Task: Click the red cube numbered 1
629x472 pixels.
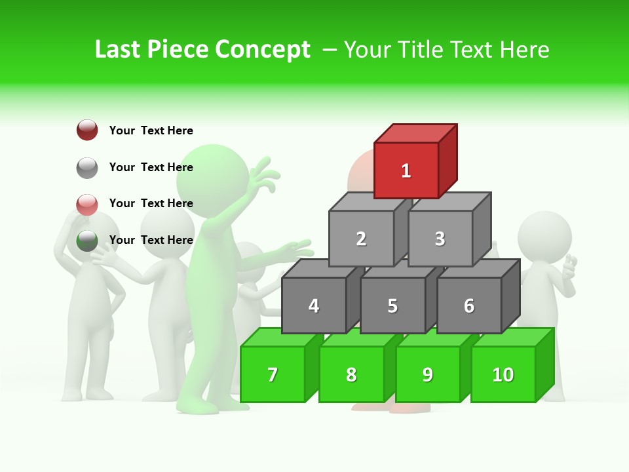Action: click(406, 170)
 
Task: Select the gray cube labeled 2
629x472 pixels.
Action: click(361, 239)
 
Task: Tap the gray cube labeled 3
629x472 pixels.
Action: click(440, 239)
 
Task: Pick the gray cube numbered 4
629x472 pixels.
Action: click(314, 305)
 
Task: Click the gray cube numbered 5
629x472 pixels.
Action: click(392, 305)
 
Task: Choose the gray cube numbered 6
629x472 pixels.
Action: click(469, 305)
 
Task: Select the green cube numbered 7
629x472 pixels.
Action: click(273, 374)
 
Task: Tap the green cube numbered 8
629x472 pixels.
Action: click(351, 374)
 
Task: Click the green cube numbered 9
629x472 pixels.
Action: click(428, 374)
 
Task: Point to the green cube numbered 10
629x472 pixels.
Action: click(503, 374)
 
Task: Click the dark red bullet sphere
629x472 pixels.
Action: click(87, 130)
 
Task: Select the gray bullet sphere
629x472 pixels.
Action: click(87, 167)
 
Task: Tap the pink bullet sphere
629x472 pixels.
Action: click(87, 204)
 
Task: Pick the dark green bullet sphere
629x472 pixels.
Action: click(87, 241)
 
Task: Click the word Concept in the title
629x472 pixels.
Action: click(262, 50)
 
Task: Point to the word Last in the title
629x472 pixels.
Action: click(118, 50)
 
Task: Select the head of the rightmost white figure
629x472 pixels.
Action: click(544, 236)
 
